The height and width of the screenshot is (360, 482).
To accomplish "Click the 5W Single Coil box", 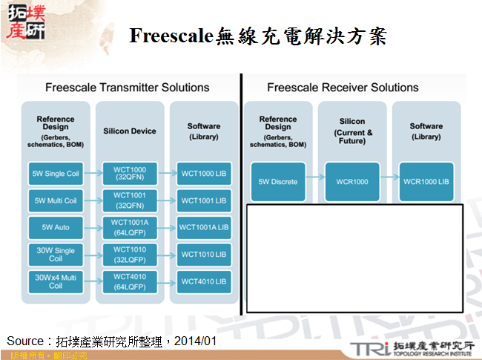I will coord(56,174).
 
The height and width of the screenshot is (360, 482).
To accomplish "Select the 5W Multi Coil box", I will coord(56,200).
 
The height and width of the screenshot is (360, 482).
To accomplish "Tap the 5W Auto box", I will coord(56,227).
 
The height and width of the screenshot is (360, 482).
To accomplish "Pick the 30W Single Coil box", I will coord(56,254).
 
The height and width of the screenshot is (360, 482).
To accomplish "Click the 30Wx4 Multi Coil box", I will coord(56,281).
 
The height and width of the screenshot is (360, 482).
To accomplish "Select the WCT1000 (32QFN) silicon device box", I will coord(129,174).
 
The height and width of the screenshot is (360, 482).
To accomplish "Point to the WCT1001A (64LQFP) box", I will coord(129,227).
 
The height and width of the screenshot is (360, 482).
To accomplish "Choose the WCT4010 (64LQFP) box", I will coord(129,281).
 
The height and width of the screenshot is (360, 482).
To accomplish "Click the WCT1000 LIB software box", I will coord(203,174).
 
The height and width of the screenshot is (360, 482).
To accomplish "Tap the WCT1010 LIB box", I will coord(203,254).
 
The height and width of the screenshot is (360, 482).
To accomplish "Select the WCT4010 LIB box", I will coord(203,281).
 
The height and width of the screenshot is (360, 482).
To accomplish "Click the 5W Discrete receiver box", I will coord(278,181).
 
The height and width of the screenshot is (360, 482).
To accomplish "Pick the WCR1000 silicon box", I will coord(352,181).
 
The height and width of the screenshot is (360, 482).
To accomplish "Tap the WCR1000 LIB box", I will coord(426,181).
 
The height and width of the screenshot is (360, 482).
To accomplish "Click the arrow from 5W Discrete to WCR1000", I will coord(315,181).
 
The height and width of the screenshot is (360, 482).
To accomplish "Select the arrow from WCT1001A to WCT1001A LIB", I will coord(167,227).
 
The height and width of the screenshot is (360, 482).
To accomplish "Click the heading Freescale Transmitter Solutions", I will coord(127,88).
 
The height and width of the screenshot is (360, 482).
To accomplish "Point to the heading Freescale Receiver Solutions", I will coord(343,88).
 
